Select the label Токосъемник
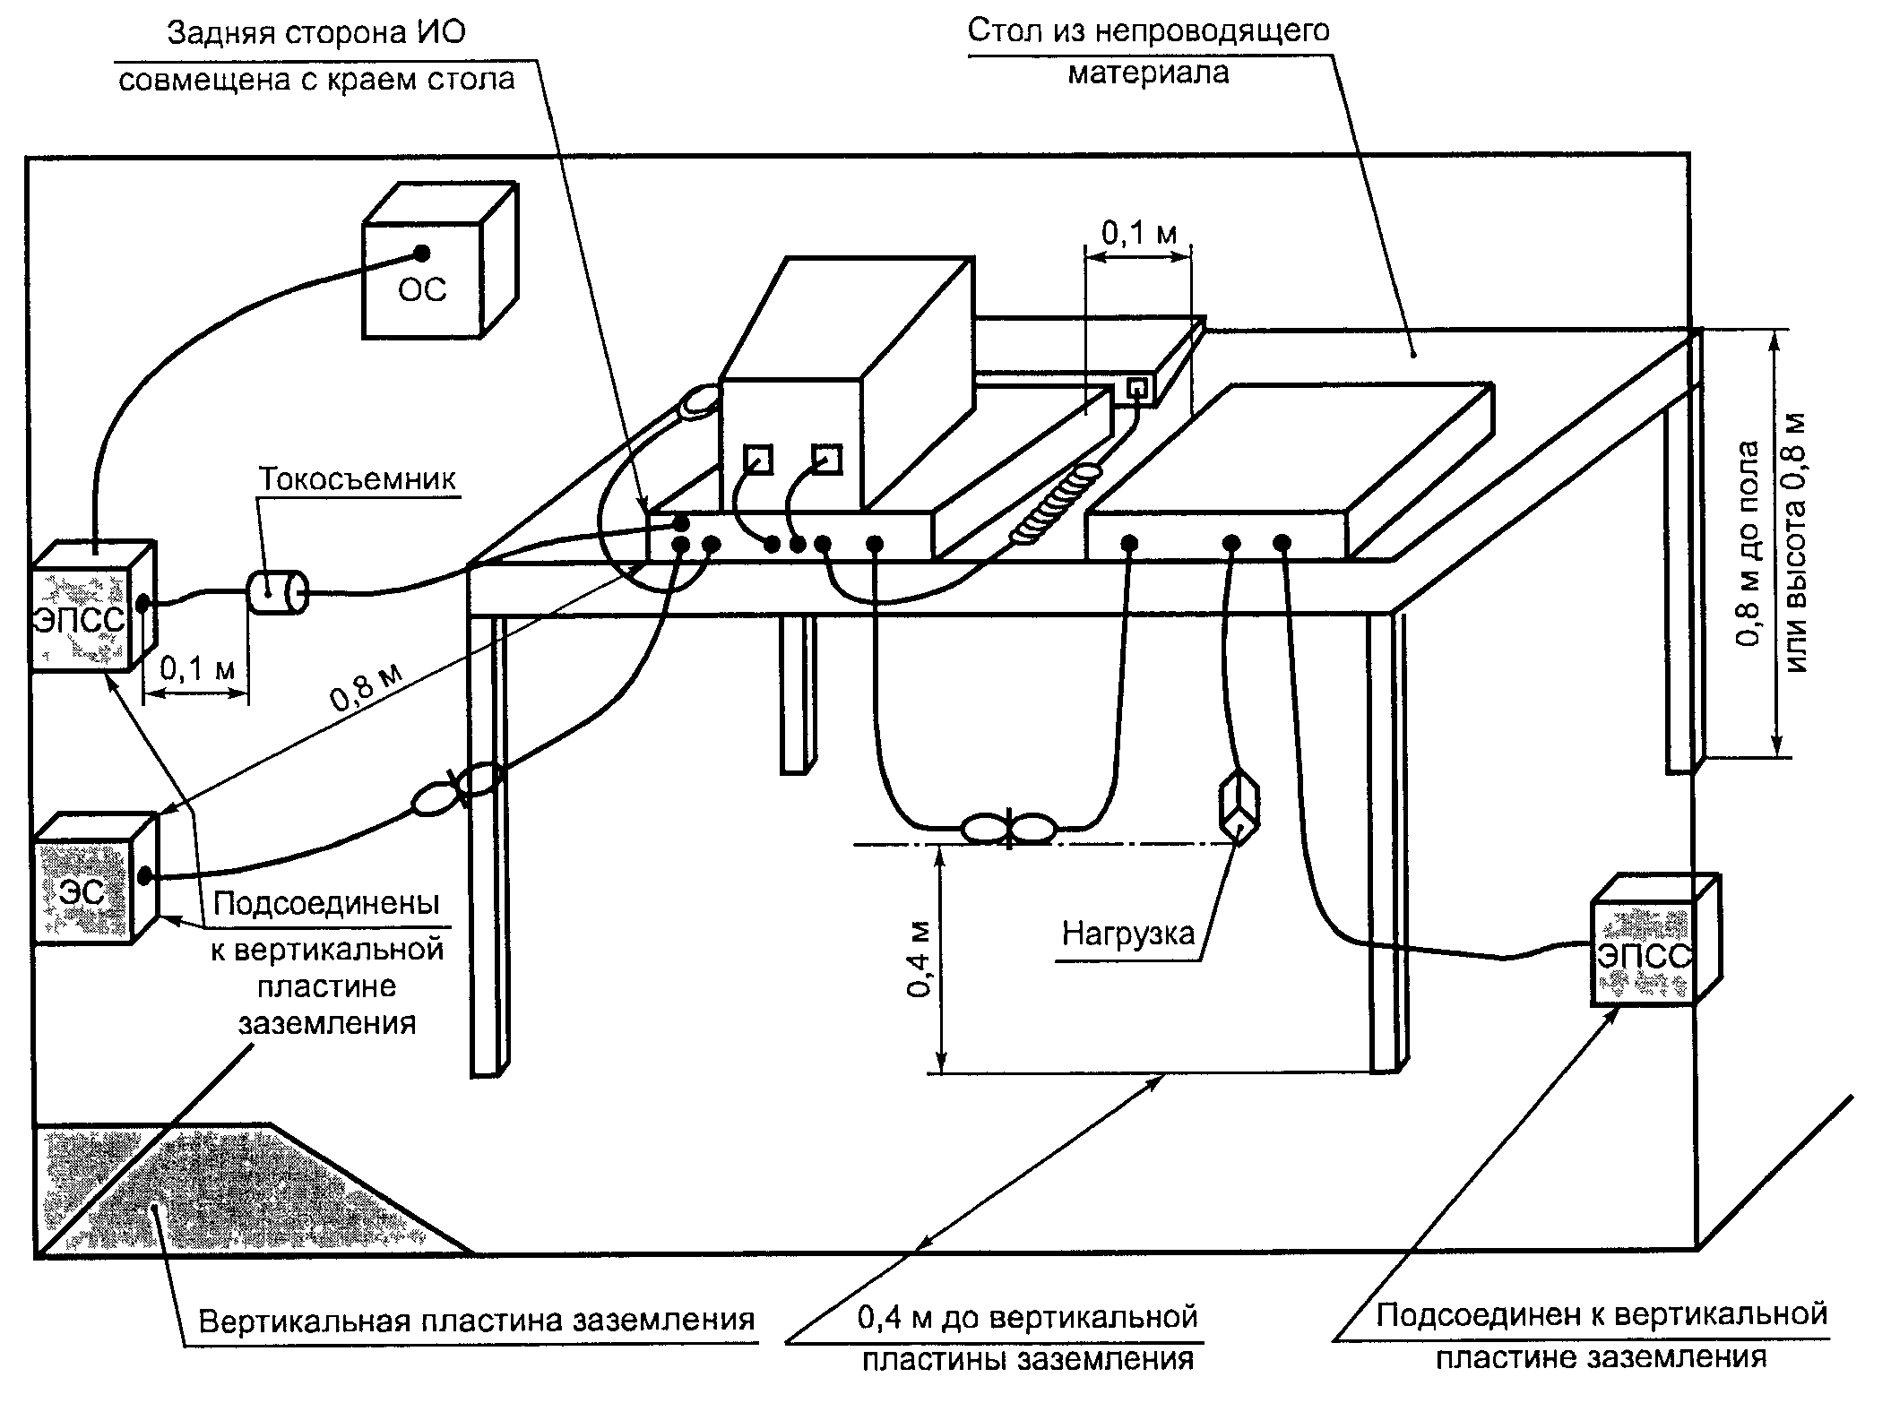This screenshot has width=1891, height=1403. click(x=358, y=479)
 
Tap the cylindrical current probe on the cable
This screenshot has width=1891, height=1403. click(x=277, y=593)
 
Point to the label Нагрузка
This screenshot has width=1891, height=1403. click(x=1128, y=934)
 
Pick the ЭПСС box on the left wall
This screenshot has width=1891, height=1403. click(x=93, y=606)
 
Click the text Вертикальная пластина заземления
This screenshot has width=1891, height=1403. click(x=477, y=1321)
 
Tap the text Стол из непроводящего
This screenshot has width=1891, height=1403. click(x=1148, y=30)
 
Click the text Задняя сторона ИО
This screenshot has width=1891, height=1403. click(x=316, y=33)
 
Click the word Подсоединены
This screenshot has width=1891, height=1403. click(x=327, y=903)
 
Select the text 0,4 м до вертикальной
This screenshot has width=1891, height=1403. click(x=1027, y=1318)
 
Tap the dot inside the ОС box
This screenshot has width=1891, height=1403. click(x=421, y=253)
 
